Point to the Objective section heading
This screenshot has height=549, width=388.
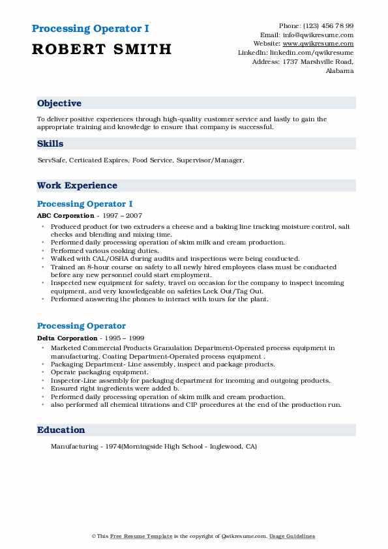pos(59,103)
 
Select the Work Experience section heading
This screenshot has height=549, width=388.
pos(77,185)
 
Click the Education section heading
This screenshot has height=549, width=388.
pos(61,430)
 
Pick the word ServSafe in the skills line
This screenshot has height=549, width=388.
pos(52,160)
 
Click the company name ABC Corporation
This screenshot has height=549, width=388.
pos(66,215)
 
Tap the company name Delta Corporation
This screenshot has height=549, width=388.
pos(67,338)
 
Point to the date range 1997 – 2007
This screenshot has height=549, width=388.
pos(124,215)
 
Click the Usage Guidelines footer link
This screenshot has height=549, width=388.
pos(293,536)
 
